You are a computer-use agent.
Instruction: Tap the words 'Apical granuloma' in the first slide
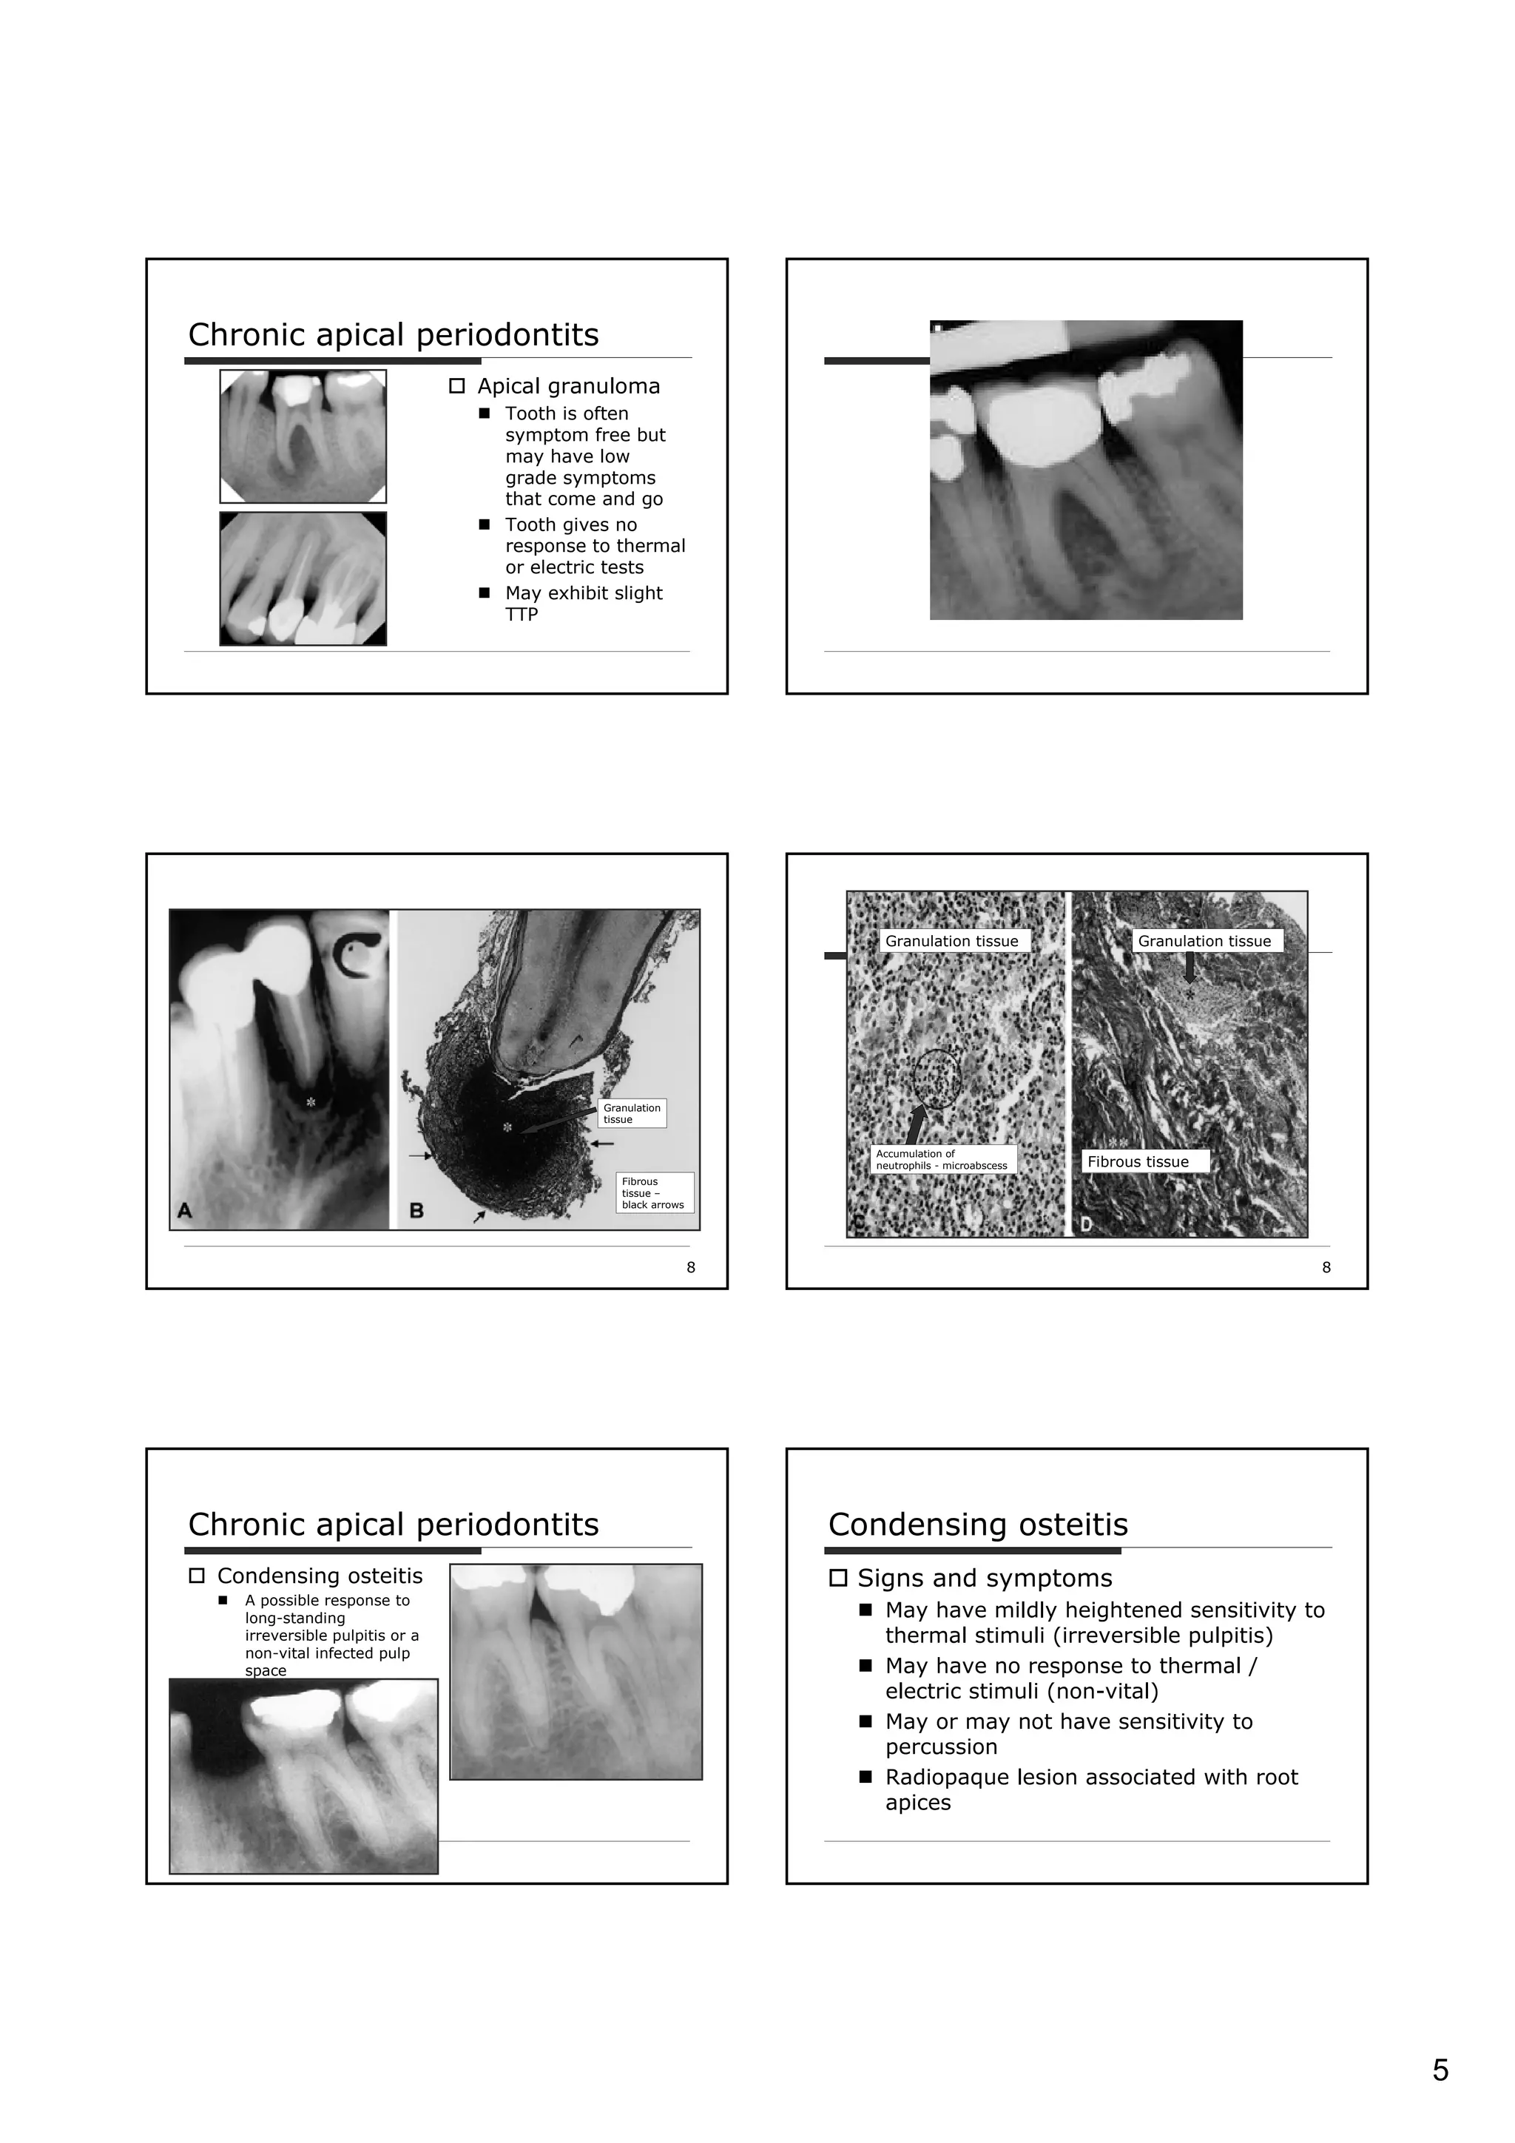point(567,386)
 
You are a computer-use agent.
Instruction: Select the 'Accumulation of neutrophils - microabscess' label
point(941,1159)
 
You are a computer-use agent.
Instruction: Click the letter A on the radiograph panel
point(185,1211)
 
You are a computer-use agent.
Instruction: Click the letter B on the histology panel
point(416,1211)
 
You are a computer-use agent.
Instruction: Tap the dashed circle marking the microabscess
point(937,1079)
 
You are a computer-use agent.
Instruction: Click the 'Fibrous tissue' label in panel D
point(1138,1162)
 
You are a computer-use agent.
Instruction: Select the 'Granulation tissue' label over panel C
point(951,941)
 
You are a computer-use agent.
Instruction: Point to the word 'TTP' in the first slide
point(521,614)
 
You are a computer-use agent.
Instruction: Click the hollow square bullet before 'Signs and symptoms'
point(837,1579)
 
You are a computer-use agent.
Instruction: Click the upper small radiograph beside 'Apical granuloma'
point(303,436)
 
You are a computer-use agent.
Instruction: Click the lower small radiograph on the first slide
point(303,578)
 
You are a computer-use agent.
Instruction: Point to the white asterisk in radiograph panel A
point(311,1102)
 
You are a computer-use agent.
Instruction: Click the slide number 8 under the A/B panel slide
point(691,1266)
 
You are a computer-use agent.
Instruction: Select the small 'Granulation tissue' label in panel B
point(631,1113)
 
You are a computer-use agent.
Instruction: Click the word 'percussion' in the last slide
point(941,1747)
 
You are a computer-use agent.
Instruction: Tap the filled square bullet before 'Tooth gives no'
point(484,524)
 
